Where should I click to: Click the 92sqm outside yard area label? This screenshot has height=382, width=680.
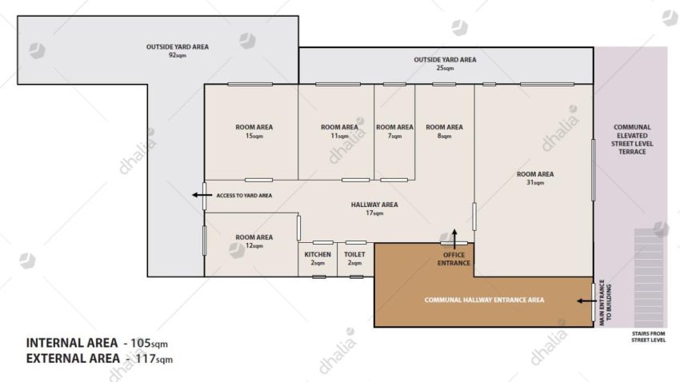[178, 50]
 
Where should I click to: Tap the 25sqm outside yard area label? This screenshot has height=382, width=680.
[445, 64]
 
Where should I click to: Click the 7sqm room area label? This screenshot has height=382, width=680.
[394, 131]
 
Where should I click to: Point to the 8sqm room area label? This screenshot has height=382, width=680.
[445, 131]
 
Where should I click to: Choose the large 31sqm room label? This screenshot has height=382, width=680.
[535, 178]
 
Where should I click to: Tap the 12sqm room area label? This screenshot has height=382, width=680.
[254, 241]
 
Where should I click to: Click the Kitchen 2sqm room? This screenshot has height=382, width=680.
[318, 259]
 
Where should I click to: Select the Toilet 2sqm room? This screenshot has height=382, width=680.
[354, 259]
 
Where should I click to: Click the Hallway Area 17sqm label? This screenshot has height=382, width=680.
[374, 209]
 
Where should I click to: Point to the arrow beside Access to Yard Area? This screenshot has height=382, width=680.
[202, 195]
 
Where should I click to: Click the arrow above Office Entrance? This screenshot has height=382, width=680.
[454, 239]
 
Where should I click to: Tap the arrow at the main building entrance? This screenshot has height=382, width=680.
[586, 300]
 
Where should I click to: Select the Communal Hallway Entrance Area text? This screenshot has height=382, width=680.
[484, 300]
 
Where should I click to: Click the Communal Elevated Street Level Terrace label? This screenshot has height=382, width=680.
[632, 140]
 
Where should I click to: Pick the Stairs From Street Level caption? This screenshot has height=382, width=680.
[648, 337]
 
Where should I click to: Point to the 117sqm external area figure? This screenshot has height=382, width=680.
[154, 359]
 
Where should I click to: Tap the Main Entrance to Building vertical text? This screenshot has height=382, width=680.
[605, 302]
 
